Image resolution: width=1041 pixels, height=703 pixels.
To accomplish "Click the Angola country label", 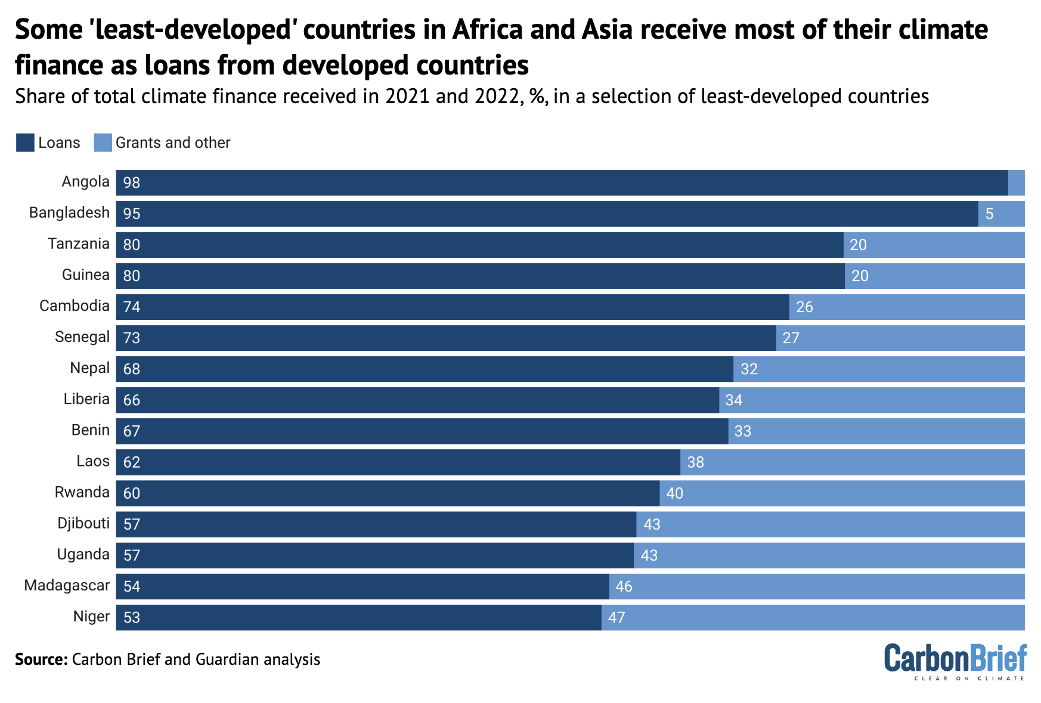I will (85, 182).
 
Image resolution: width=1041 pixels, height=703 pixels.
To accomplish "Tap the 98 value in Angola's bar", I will (132, 183).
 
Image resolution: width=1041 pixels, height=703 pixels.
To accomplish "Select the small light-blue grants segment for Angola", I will (1016, 183).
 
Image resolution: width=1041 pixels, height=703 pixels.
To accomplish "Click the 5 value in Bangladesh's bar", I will (990, 214).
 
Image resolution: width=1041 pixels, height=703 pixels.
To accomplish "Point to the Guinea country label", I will (85, 275).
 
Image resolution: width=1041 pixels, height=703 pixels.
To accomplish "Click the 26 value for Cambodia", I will (804, 307).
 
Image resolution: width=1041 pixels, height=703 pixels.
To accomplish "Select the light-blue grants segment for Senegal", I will (900, 338).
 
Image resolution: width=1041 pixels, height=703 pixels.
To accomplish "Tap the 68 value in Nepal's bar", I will (132, 369).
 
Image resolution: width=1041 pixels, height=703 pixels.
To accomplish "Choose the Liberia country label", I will (86, 399).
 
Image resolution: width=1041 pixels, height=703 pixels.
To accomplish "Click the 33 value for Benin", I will (742, 431).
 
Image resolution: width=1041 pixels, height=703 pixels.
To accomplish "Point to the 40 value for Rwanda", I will (674, 493).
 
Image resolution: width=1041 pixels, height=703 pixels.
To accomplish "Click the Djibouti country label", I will (83, 523).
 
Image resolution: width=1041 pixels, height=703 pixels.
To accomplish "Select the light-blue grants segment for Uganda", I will (829, 555).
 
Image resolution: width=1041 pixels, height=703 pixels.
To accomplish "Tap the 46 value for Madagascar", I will (624, 586).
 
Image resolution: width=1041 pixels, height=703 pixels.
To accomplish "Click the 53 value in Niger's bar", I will (132, 617).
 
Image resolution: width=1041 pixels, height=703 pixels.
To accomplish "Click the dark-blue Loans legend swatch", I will (25, 143).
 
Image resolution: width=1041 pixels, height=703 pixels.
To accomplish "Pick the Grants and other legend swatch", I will (103, 143).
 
